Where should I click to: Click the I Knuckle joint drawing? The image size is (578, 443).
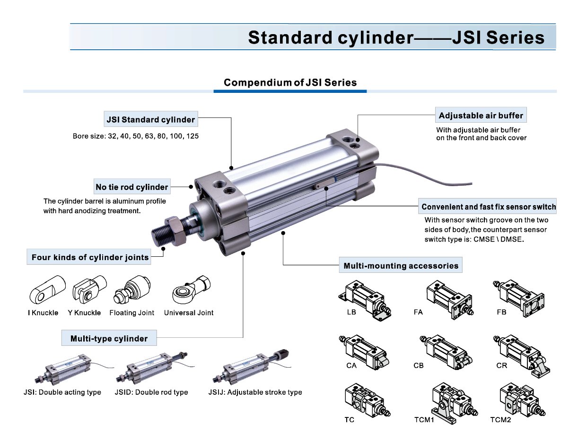[46, 290]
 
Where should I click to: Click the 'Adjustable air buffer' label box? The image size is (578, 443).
[481, 116]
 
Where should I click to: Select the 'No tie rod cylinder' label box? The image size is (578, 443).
[131, 187]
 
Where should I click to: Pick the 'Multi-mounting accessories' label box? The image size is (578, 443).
[401, 266]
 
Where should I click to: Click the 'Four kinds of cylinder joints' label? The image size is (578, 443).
[90, 258]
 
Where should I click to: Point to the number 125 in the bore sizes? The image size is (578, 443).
[192, 136]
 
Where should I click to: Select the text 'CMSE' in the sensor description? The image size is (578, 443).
[483, 239]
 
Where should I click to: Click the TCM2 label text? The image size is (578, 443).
[500, 419]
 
